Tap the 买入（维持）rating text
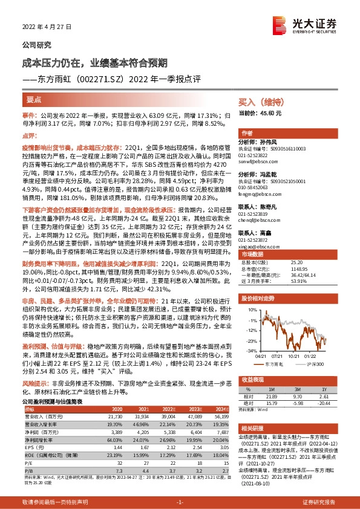click(x=260, y=103)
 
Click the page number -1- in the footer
click(x=180, y=502)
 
